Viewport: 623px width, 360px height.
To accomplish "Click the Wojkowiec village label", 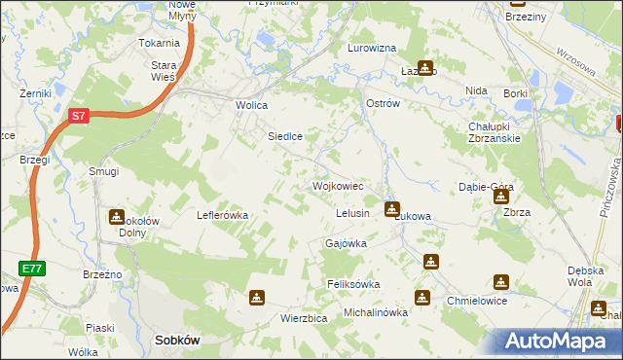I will [338, 185].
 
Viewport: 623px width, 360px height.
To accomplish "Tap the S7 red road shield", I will [80, 116].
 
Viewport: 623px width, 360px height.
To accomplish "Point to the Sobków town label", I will [177, 342].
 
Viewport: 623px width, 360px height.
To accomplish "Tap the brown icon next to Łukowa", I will [392, 208].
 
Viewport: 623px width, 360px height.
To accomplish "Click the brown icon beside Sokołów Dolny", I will [118, 216].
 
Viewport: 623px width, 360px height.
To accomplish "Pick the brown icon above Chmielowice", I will [501, 281].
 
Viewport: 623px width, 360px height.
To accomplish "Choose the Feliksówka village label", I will [352, 284].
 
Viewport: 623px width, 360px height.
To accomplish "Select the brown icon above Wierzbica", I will [256, 297].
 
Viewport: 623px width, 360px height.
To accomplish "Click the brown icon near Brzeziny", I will [516, 2].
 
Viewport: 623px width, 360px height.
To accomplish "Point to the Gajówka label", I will [346, 243].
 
